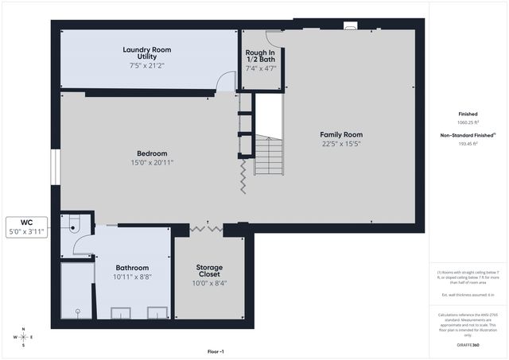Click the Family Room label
point(341,134)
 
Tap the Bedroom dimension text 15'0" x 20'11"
point(151,162)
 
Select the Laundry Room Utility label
point(146,53)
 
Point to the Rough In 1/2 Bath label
point(260,57)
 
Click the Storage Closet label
point(209,271)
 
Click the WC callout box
point(27,226)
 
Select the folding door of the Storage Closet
point(205,229)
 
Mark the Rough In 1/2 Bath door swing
point(274,37)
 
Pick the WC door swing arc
point(84,244)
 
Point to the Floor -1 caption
point(216,351)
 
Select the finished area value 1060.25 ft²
point(468,123)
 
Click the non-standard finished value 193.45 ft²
point(468,144)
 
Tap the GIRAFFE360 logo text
point(468,346)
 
